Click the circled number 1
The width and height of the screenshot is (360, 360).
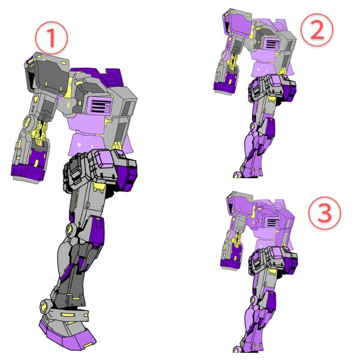pyautogui.click(x=52, y=38)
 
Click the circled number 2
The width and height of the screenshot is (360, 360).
pyautogui.click(x=317, y=30)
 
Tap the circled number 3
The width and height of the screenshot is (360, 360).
pyautogui.click(x=325, y=212)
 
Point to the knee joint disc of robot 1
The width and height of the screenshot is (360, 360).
pyautogui.click(x=71, y=229)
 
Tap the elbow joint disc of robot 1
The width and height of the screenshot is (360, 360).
pyautogui.click(x=29, y=121)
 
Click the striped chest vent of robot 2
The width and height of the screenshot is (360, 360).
pyautogui.click(x=272, y=43)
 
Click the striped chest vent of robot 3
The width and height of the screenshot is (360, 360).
pyautogui.click(x=272, y=222)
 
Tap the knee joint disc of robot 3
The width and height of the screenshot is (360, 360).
pyautogui.click(x=254, y=299)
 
